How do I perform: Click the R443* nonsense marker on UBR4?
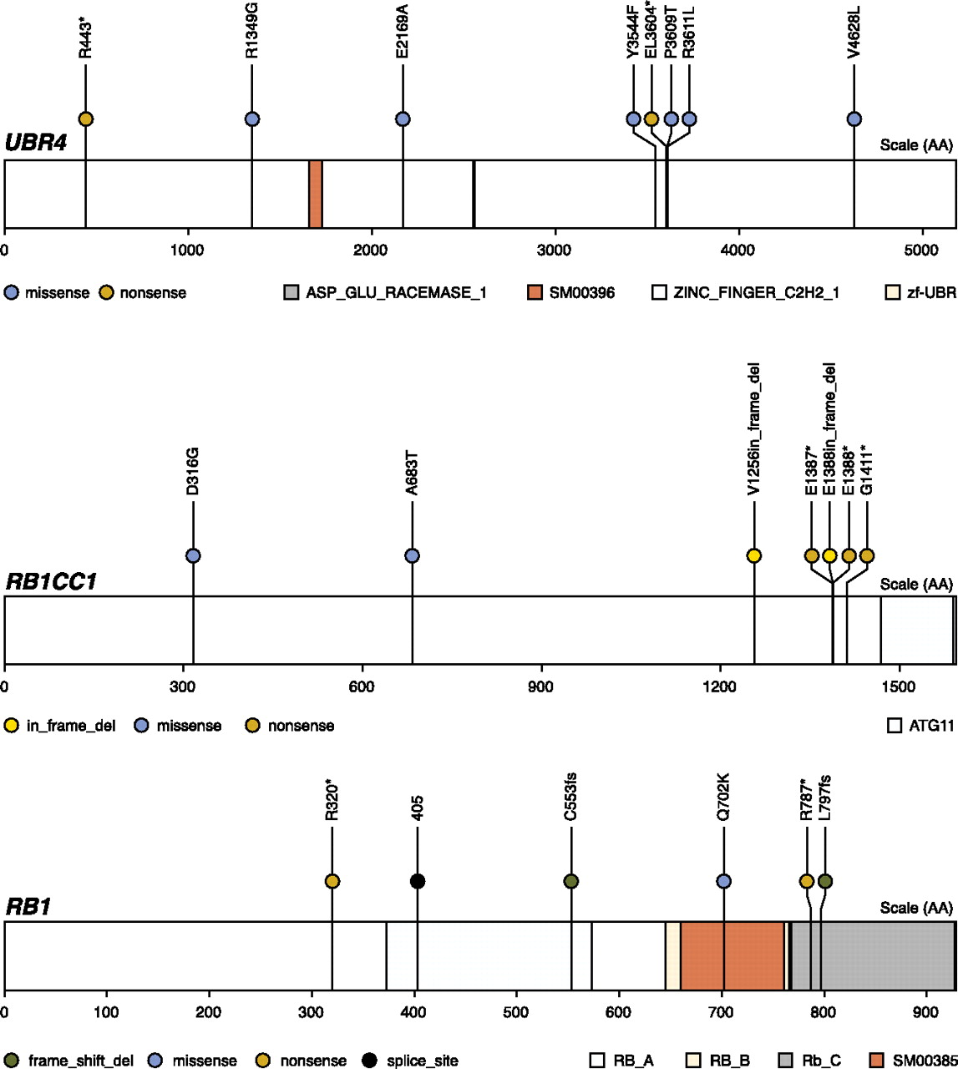point(85,119)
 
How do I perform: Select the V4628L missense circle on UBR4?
point(854,119)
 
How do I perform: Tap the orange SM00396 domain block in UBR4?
point(316,194)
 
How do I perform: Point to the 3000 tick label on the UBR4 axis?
point(554,250)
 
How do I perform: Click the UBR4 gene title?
point(35,144)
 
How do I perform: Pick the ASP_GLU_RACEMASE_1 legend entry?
point(385,293)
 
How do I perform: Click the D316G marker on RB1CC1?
point(193,556)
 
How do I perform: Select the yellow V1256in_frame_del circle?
point(754,556)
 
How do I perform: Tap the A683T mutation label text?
point(411,474)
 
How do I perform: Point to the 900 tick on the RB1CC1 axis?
point(541,686)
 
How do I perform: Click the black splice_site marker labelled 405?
point(418,881)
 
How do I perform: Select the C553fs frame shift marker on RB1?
point(571,881)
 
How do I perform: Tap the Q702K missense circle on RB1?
point(724,881)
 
